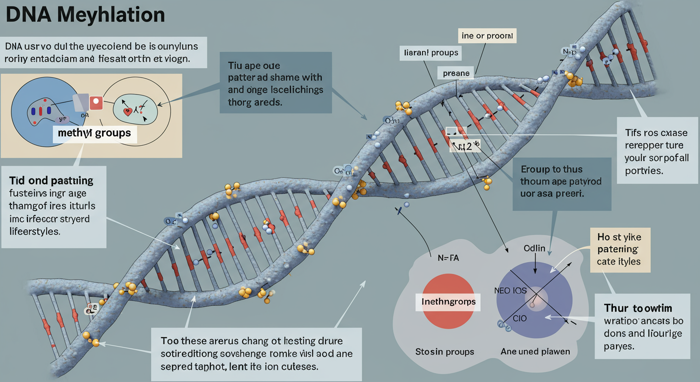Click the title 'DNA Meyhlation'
pyautogui.click(x=86, y=15)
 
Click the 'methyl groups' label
pyautogui.click(x=94, y=133)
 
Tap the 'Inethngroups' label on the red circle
pyautogui.click(x=448, y=301)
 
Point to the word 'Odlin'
pyautogui.click(x=535, y=248)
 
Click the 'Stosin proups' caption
pyautogui.click(x=444, y=352)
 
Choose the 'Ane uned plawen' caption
pyautogui.click(x=535, y=352)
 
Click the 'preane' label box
pyautogui.click(x=456, y=73)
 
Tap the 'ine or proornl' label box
pyautogui.click(x=487, y=36)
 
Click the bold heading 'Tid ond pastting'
pyautogui.click(x=51, y=180)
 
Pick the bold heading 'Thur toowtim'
pyautogui.click(x=638, y=308)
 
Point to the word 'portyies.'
pyautogui.click(x=644, y=171)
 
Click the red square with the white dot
pyautogui.click(x=96, y=103)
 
